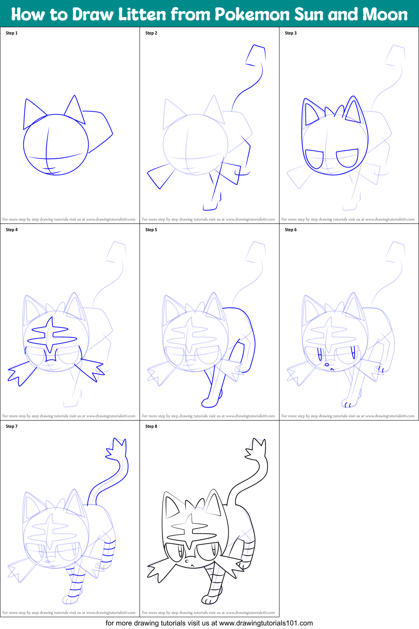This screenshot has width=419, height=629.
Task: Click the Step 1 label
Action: coord(12,33)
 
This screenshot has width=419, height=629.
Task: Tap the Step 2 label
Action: coord(151,33)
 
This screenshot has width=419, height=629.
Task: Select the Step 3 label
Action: coord(291,33)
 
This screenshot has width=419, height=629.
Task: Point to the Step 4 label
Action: coord(12,230)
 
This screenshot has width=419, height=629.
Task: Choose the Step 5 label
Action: coord(151,230)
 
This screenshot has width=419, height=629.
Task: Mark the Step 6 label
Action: coord(291,230)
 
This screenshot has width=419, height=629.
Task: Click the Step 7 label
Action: coord(12,426)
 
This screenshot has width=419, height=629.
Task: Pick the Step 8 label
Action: coord(151,426)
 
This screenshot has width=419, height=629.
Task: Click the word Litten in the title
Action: coord(142,15)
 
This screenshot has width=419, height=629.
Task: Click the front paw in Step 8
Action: coord(209,599)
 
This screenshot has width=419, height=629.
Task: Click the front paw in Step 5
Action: coord(210,402)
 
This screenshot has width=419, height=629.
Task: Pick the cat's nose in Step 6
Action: coord(327,365)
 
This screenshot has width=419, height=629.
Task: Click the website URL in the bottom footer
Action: coord(266,623)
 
